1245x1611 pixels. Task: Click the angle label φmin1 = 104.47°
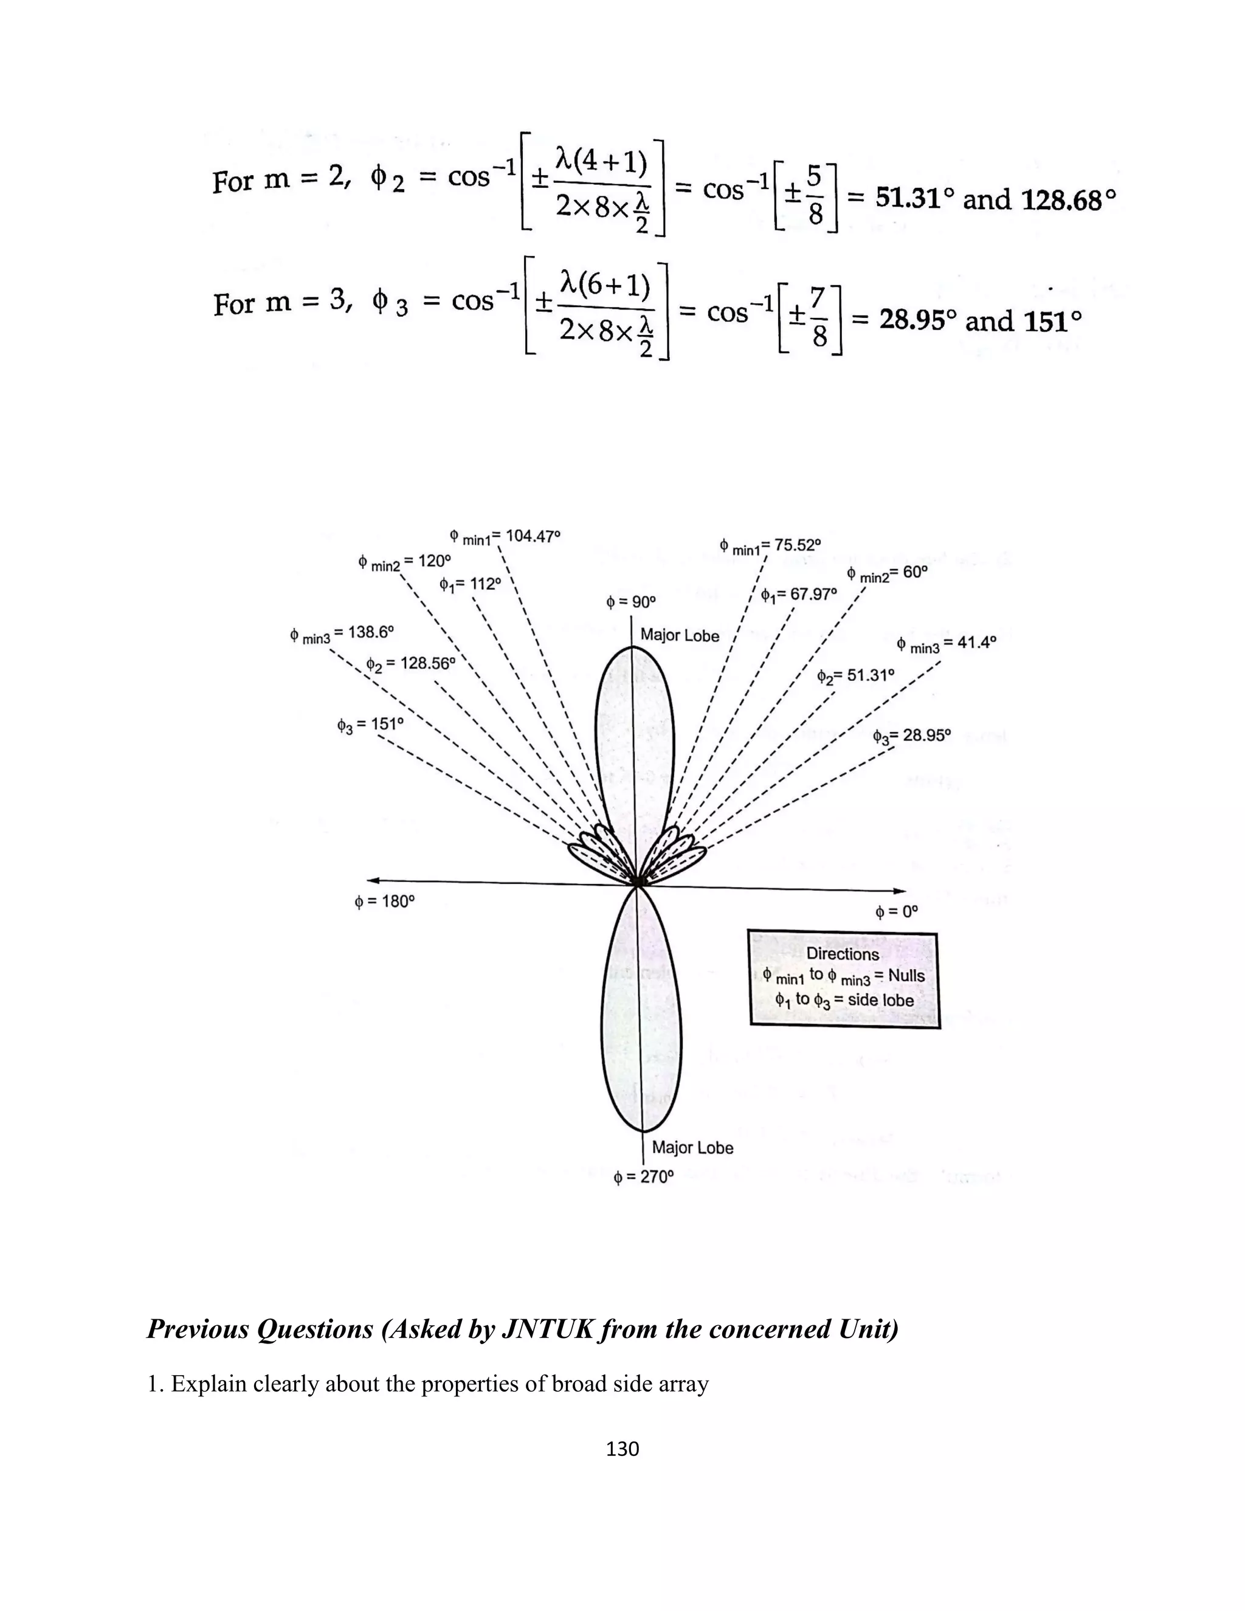[505, 537]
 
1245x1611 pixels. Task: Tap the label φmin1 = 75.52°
[770, 547]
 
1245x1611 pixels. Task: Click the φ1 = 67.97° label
[799, 595]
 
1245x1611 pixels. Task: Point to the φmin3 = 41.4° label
[947, 644]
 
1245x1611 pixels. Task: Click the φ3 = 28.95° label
[912, 736]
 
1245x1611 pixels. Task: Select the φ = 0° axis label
[896, 912]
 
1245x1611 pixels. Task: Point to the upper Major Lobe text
[679, 635]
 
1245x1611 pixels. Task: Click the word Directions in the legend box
[843, 954]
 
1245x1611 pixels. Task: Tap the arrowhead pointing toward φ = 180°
[373, 879]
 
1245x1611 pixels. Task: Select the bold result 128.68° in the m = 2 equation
[1064, 200]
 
